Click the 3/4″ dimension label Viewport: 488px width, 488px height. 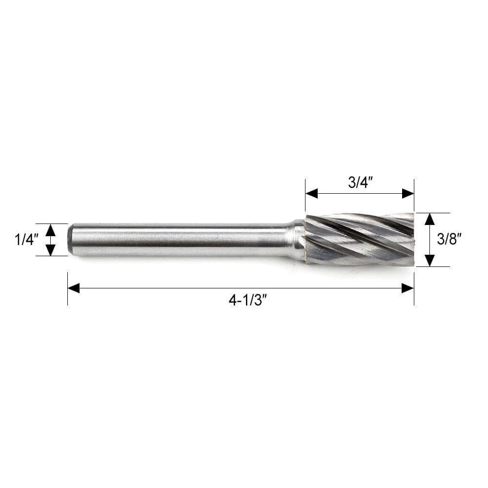(360, 183)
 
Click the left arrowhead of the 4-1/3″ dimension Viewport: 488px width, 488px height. (74, 288)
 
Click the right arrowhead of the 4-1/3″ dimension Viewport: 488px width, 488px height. (407, 288)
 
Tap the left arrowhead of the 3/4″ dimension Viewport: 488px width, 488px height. (311, 194)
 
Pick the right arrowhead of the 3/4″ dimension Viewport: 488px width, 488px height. (408, 194)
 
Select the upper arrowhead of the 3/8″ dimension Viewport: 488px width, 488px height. (429, 219)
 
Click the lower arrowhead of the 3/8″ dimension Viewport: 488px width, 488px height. (429, 261)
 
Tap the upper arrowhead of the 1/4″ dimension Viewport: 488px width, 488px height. (51, 229)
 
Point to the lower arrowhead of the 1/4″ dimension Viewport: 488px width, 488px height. (51, 250)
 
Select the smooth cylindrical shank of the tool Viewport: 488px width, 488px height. (181, 240)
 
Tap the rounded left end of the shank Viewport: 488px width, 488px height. (70, 240)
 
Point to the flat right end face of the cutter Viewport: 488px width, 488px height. (413, 239)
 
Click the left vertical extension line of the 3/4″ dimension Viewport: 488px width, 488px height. (305, 188)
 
